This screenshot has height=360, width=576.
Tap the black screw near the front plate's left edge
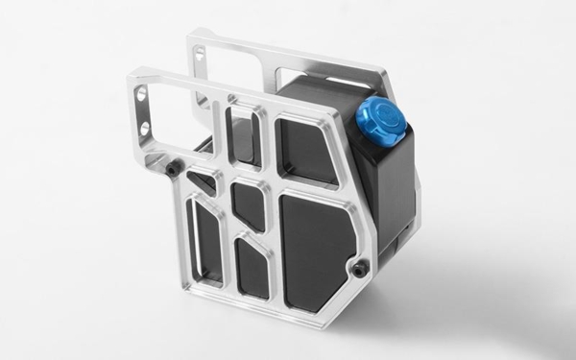pyautogui.click(x=172, y=169)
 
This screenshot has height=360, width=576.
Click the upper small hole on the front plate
pyautogui.click(x=142, y=95)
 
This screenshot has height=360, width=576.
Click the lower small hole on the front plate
pyautogui.click(x=145, y=126)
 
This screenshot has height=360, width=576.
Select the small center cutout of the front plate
pyautogui.click(x=249, y=204)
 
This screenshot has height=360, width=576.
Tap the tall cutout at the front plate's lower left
pyautogui.click(x=207, y=240)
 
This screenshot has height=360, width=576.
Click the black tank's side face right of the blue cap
pyautogui.click(x=396, y=192)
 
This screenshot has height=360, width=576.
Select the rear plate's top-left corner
pyautogui.click(x=191, y=36)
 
